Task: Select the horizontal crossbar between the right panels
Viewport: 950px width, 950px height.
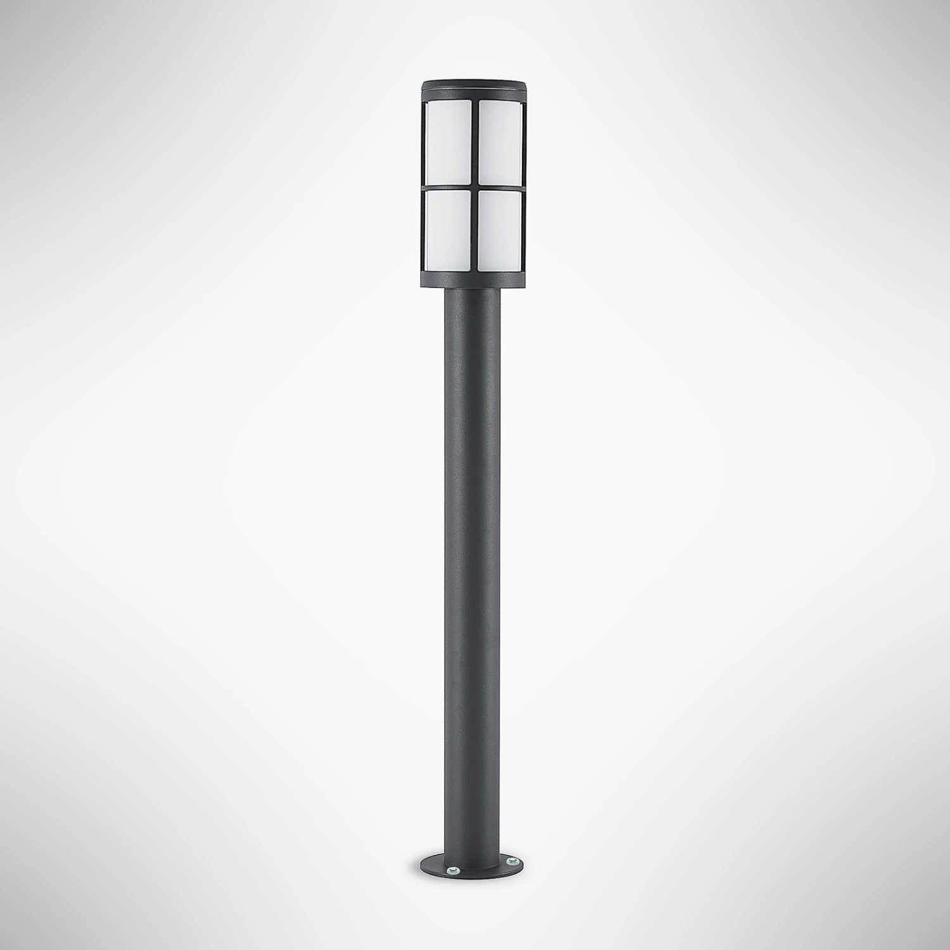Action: [x=499, y=187]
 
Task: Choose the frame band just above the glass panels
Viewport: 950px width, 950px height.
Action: [x=472, y=94]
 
